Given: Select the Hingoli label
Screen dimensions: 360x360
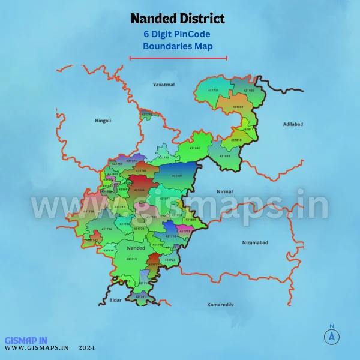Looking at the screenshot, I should (x=103, y=121).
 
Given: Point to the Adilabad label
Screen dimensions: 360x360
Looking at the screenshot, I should (x=293, y=124).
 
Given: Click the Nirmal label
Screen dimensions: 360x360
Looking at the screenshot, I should (x=224, y=191).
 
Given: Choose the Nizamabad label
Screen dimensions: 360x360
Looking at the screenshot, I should (x=254, y=242).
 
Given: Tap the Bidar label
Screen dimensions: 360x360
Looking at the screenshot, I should (x=116, y=299).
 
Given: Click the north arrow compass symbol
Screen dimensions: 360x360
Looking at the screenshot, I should (x=331, y=336).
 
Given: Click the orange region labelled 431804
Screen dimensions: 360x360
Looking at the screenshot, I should (x=238, y=107).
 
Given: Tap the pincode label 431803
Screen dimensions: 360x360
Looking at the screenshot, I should (x=224, y=156).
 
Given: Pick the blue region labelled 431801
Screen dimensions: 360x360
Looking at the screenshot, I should (x=177, y=175).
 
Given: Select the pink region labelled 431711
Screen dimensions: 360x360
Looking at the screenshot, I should (x=186, y=230).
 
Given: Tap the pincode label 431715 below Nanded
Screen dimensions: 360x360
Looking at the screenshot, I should (x=132, y=259).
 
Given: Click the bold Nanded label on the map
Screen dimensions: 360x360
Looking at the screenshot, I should (x=136, y=247).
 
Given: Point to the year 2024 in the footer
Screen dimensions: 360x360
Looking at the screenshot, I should (x=86, y=347).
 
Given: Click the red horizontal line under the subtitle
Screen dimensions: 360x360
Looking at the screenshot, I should (x=178, y=58).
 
